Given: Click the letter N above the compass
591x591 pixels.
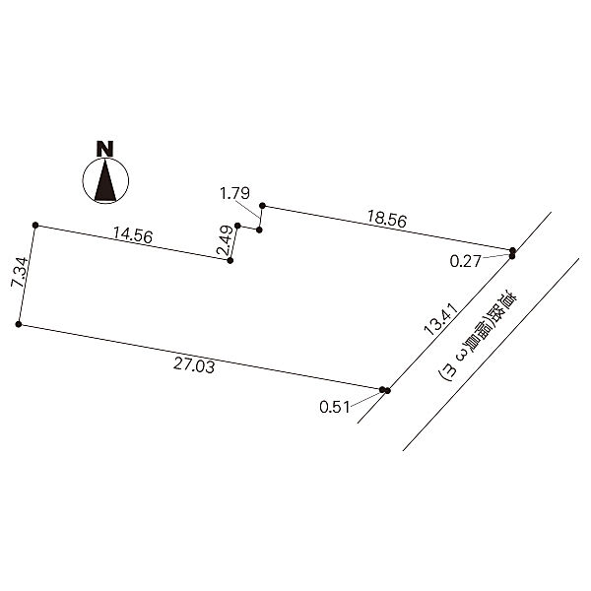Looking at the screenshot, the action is tap(105, 149).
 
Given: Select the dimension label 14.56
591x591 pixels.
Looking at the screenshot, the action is tap(133, 235).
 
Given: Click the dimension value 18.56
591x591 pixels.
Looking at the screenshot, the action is tap(387, 219).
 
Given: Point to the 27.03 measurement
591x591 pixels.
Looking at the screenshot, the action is tap(194, 365).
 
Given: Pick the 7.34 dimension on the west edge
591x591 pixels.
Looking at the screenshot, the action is tap(20, 273).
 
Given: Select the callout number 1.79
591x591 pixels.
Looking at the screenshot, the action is tap(234, 193).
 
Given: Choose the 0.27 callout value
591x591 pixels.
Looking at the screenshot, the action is tap(466, 261).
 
